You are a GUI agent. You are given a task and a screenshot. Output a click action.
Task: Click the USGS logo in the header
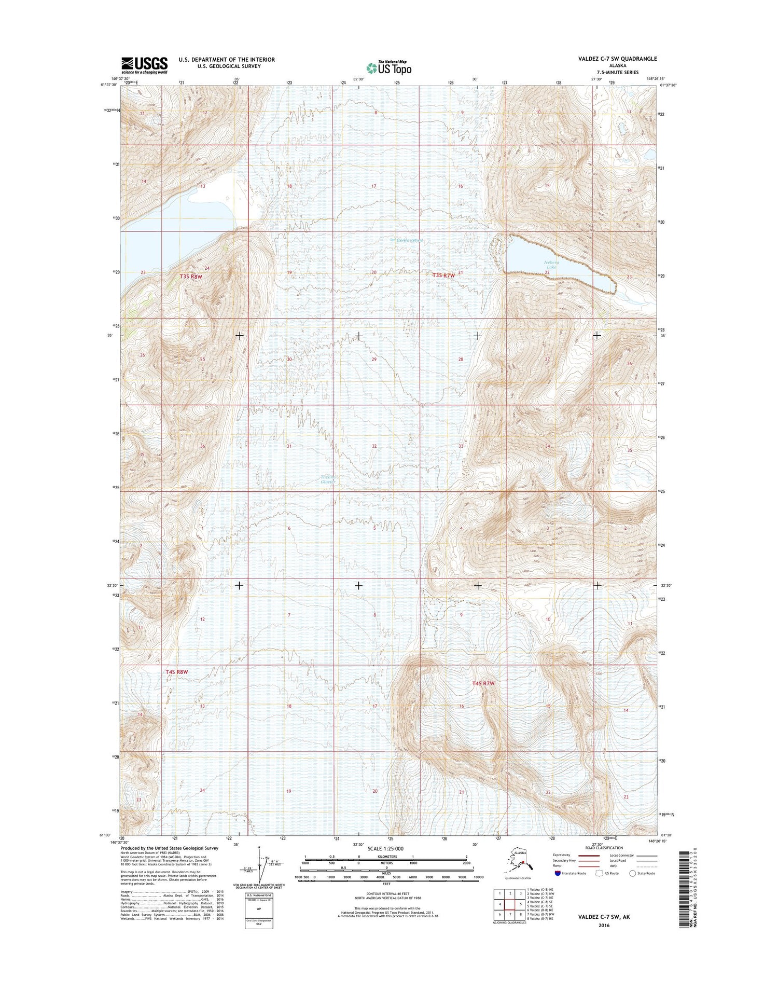(145, 65)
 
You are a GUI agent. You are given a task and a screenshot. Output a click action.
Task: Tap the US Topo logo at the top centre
(389, 67)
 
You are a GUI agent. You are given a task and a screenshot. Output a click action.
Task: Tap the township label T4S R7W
(483, 684)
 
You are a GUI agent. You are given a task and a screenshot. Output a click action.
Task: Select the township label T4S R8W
(176, 672)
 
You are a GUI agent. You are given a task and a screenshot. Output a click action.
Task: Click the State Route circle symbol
(632, 873)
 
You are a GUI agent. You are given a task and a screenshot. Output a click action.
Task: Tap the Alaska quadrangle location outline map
(521, 861)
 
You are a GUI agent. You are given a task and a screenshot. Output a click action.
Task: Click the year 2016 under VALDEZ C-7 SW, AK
(604, 925)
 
